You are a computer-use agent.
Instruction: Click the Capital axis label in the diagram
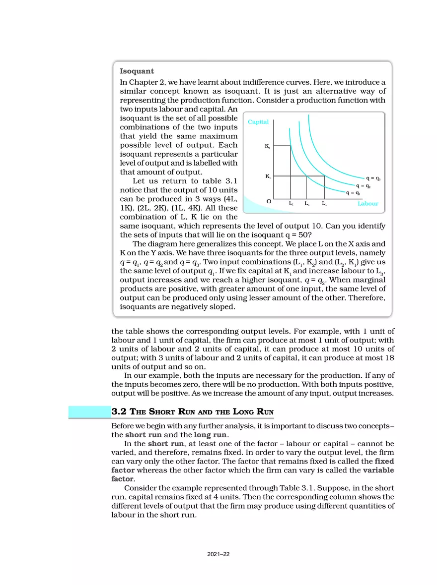258,122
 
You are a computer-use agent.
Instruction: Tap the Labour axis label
367,204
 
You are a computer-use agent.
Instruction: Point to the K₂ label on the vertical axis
267,146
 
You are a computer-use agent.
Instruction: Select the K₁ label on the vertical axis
267,176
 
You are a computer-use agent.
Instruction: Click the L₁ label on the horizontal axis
291,203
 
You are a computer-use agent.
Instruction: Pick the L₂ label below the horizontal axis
307,203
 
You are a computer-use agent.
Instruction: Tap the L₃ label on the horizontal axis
324,203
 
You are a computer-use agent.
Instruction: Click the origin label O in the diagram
269,202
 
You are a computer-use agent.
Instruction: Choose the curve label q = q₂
363,186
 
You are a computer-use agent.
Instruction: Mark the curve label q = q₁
353,193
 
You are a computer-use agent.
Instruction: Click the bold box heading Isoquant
137,71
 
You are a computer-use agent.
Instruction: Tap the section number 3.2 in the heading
120,411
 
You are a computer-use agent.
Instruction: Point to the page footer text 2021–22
218,554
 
